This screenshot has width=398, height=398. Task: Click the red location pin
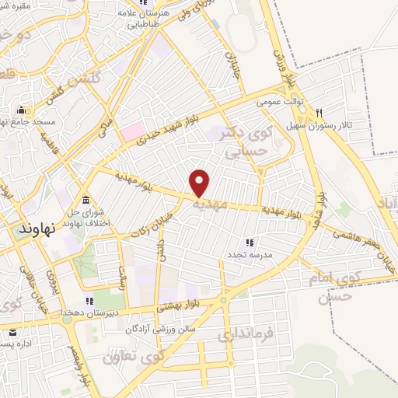click(201, 182)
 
